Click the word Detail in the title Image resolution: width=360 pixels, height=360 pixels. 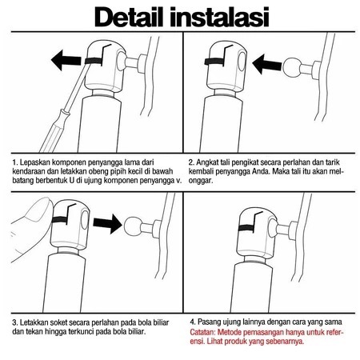(129, 17)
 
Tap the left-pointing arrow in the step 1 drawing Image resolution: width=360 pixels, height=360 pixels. (66, 60)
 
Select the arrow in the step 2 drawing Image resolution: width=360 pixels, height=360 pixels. (266, 64)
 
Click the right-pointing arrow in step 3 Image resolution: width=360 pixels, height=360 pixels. (107, 224)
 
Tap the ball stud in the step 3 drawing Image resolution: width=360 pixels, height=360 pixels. (133, 226)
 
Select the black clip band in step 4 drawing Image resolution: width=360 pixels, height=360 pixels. (246, 228)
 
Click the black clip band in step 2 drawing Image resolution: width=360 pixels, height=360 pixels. (214, 62)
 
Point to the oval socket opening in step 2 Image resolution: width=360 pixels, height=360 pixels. (242, 61)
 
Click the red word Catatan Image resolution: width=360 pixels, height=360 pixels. (202, 332)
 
